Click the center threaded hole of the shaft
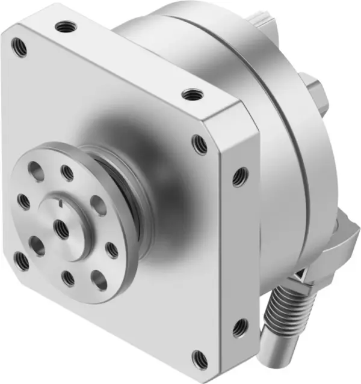(60, 227)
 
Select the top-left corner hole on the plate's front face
(20, 47)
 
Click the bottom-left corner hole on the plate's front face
(22, 261)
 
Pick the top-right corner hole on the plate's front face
(199, 144)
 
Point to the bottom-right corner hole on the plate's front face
(199, 359)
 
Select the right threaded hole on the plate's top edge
(191, 94)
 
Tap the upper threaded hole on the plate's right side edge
(239, 175)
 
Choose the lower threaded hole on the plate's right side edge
(239, 327)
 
